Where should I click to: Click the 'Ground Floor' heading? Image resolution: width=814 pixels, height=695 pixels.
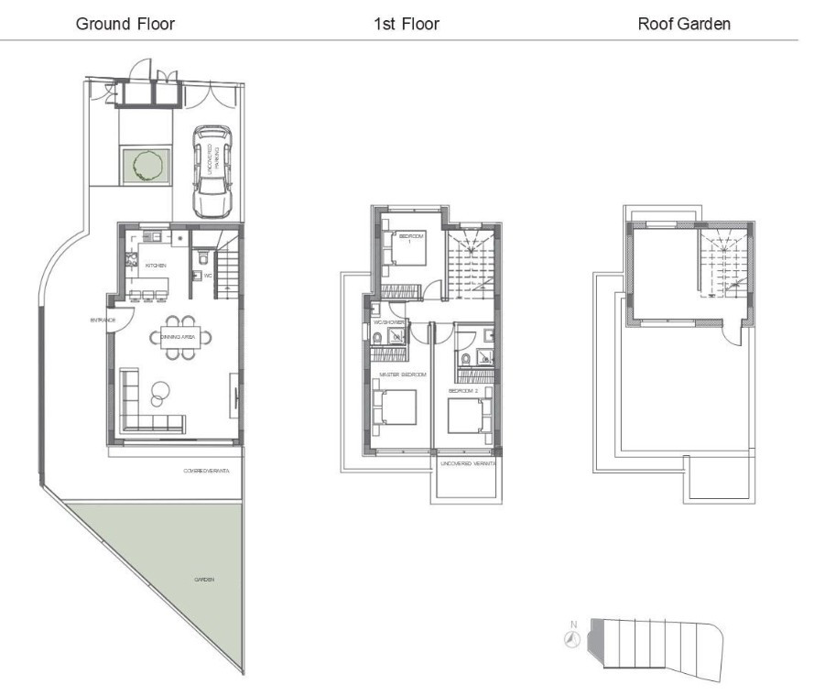[125, 24]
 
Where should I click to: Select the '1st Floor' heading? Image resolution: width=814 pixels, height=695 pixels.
[406, 24]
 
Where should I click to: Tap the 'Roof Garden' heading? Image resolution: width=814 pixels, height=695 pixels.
[684, 24]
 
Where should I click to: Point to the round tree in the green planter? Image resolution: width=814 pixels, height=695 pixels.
[146, 166]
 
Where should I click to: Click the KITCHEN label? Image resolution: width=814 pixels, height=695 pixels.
[156, 266]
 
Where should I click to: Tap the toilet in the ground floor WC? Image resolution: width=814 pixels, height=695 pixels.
[198, 273]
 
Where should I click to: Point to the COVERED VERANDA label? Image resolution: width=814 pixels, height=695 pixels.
[206, 471]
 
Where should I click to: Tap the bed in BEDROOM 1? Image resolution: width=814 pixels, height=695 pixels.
[408, 247]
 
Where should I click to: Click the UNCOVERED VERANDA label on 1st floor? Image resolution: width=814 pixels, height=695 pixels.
[467, 464]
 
